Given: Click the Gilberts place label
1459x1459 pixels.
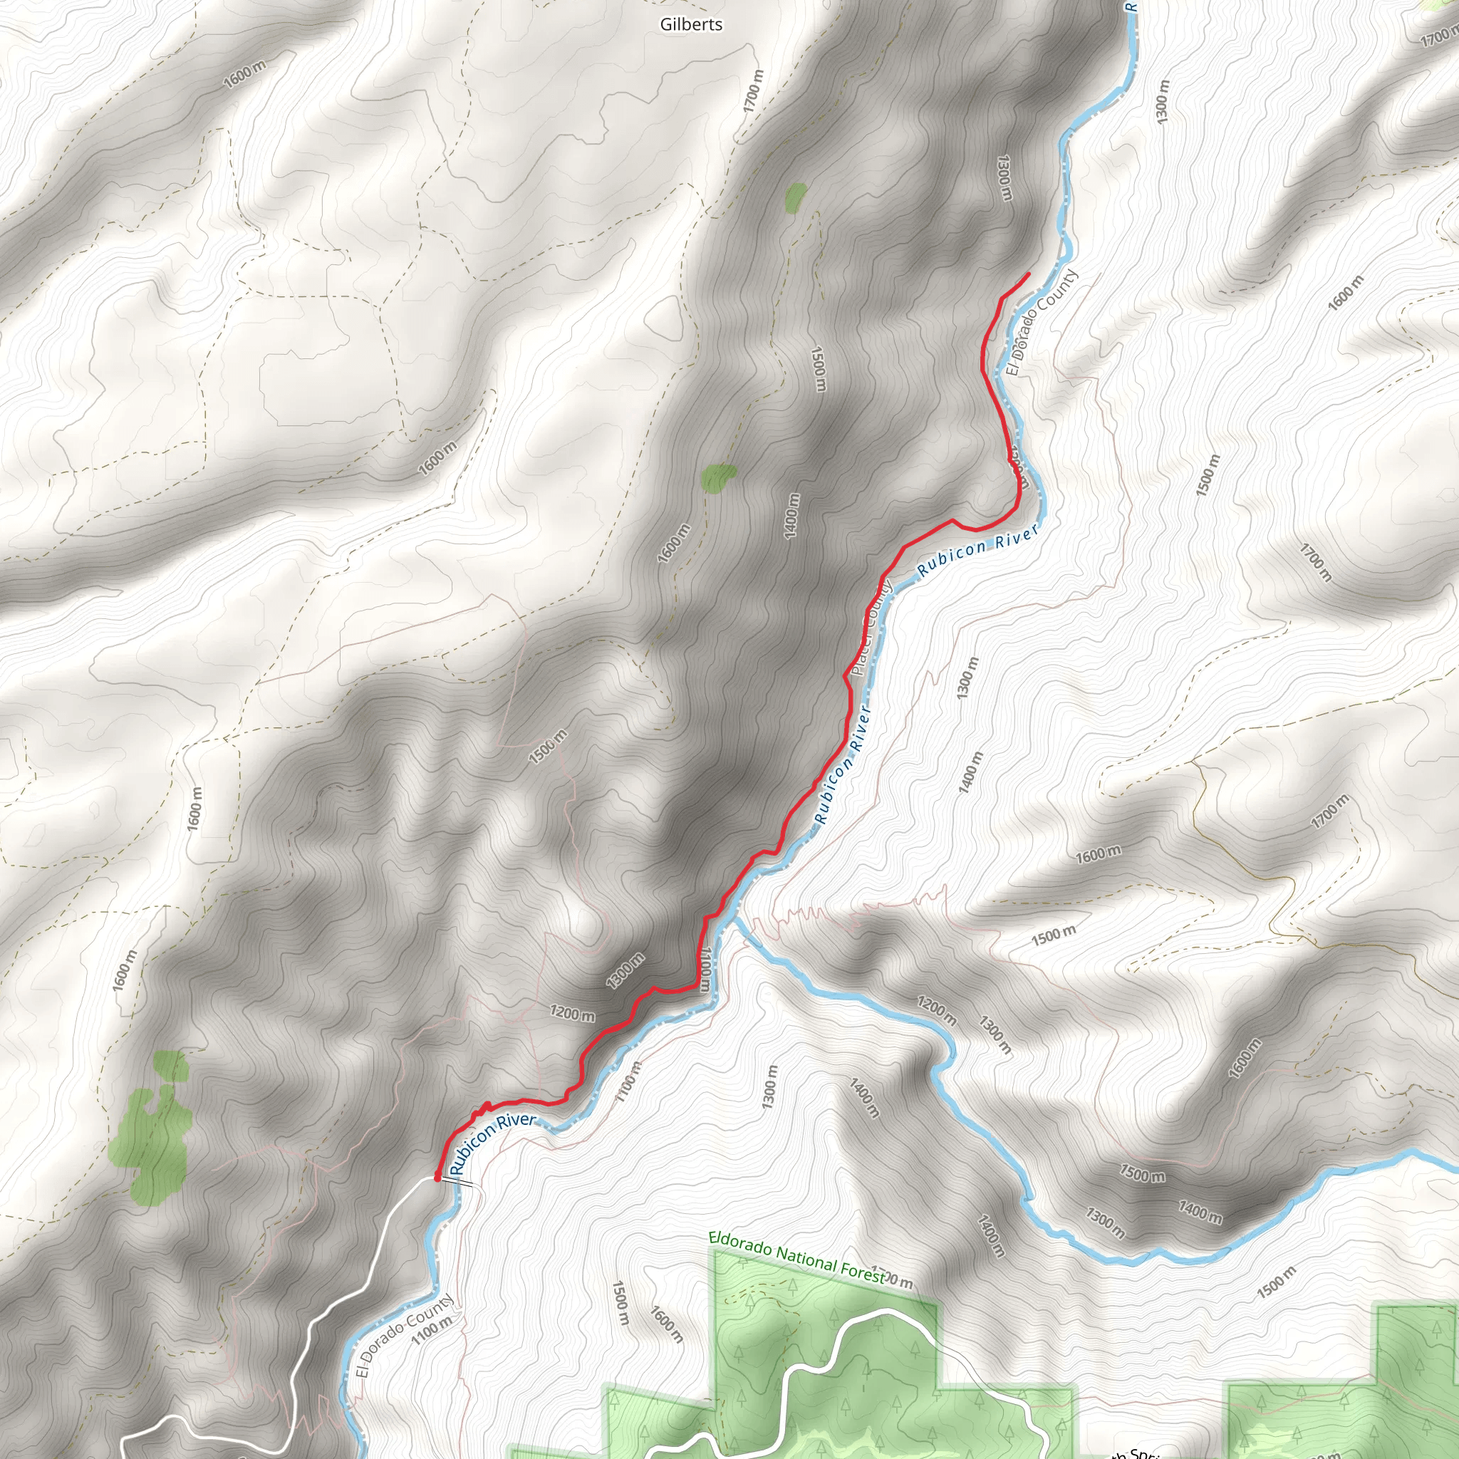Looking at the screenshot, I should pos(691,25).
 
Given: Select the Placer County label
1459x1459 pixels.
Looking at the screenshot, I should pos(871,628).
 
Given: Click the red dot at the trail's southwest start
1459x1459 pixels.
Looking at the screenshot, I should pos(437,1177).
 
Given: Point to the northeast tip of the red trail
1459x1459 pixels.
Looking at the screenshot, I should pos(1029,274).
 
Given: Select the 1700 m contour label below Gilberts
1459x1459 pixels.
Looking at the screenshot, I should pos(754,91).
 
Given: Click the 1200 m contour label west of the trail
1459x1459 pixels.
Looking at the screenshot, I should pos(571,1014).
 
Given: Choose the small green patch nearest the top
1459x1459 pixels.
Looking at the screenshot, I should pos(794,198).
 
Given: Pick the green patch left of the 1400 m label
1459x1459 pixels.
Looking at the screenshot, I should pos(717,477).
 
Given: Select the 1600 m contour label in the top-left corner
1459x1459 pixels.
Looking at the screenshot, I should pos(246,74).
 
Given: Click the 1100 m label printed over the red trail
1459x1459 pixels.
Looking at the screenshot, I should pos(705,970).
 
